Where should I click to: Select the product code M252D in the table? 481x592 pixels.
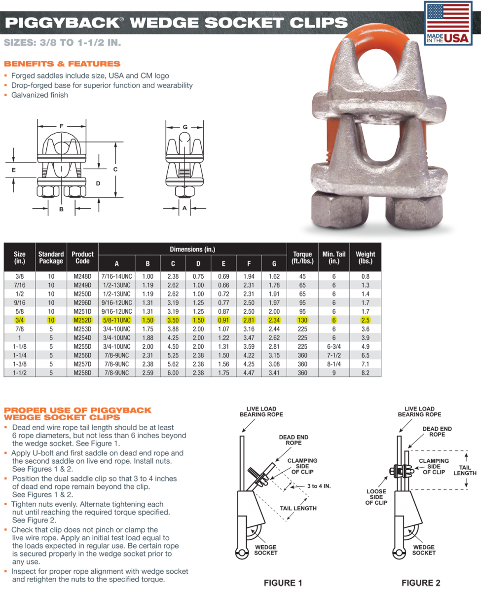click(x=82, y=320)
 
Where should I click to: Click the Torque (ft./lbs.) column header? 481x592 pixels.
click(x=302, y=258)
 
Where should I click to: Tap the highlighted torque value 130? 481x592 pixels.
click(x=302, y=320)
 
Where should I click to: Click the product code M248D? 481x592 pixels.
click(x=82, y=277)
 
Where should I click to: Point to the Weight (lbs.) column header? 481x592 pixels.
click(x=365, y=258)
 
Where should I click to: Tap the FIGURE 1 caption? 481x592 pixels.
click(x=283, y=583)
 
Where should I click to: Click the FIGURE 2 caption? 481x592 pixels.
click(x=420, y=583)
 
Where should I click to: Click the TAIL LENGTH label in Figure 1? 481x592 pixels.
click(x=297, y=508)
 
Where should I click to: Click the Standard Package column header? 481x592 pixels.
click(x=51, y=258)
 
